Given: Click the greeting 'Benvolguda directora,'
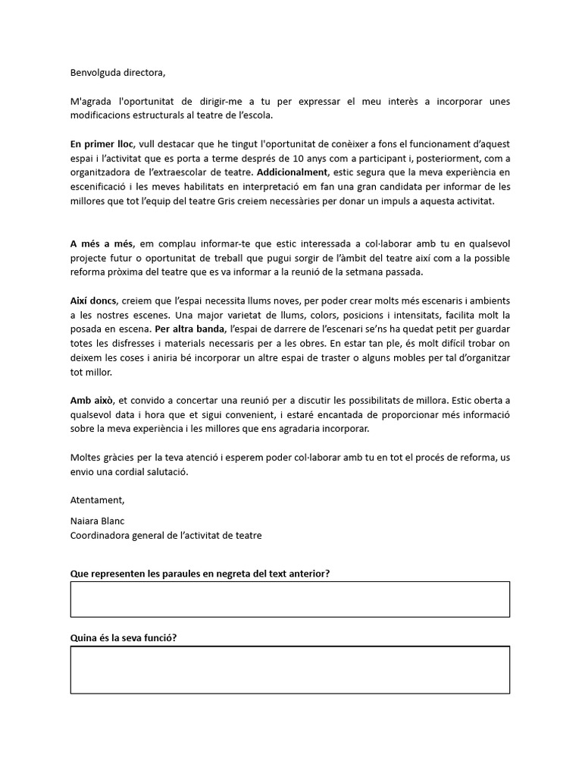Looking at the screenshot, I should click(x=117, y=74).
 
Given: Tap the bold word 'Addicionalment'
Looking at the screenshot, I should click(x=293, y=172).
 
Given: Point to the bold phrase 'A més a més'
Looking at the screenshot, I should click(x=102, y=244).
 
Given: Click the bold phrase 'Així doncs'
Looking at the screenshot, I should click(x=93, y=301).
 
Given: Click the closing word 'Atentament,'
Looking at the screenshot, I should click(x=97, y=500).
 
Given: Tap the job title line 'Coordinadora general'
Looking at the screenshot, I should click(x=166, y=536).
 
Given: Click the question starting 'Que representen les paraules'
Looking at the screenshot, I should click(x=199, y=574).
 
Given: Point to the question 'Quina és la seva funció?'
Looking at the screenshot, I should click(x=124, y=638).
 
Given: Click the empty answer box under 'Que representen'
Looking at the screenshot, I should click(x=290, y=599).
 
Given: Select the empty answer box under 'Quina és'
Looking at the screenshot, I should click(x=290, y=669).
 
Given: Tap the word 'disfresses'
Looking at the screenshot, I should click(x=111, y=344).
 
